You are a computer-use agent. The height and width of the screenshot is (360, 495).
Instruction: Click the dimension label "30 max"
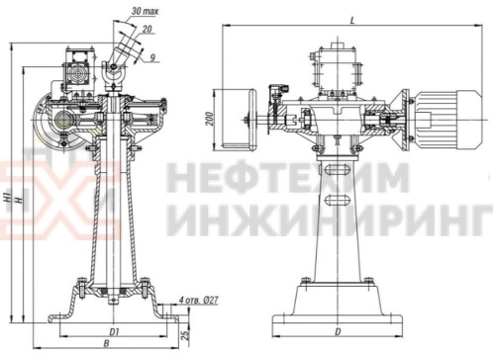click(145, 13)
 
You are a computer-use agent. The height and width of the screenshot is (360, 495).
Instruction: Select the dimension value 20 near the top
click(147, 30)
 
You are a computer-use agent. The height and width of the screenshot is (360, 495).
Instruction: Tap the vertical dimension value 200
click(209, 118)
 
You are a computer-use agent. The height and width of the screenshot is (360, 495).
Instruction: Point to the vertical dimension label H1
click(8, 198)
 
